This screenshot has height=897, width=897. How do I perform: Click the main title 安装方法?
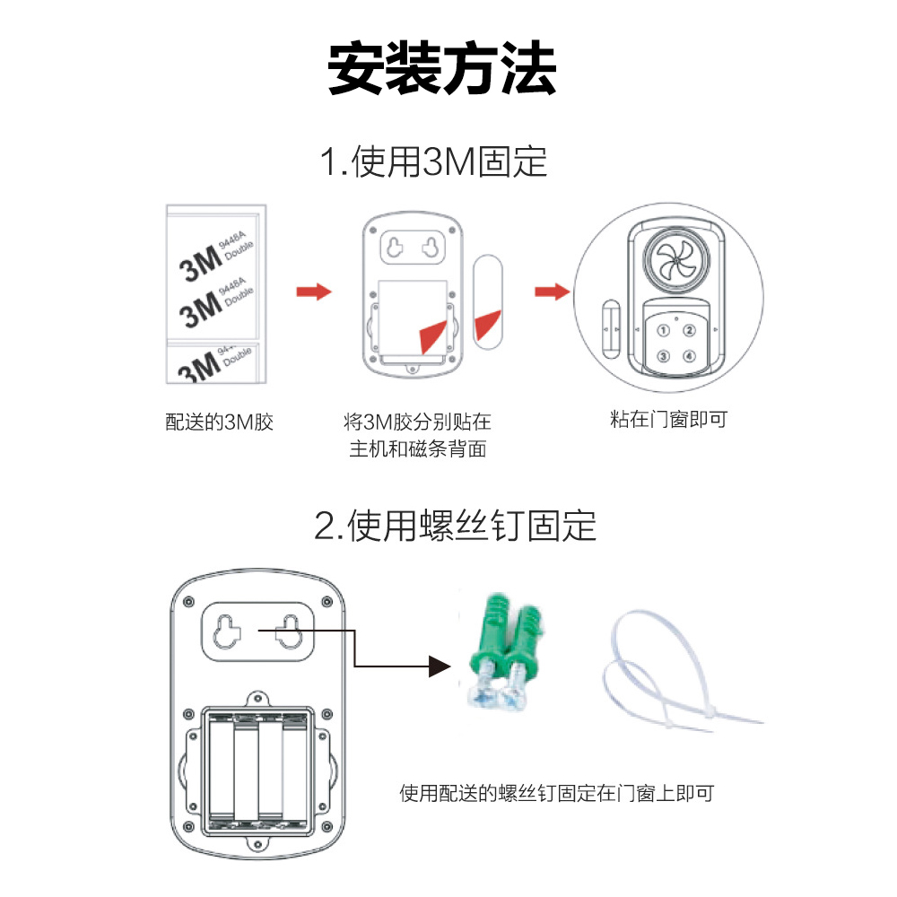(441, 68)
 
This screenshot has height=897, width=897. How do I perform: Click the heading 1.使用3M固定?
(433, 161)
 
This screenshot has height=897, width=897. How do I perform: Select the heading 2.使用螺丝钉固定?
(455, 526)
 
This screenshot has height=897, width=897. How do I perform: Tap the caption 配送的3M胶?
(219, 422)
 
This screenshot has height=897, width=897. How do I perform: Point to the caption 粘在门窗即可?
(669, 419)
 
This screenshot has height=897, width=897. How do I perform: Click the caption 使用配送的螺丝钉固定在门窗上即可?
(557, 794)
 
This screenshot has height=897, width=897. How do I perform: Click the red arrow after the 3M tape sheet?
(313, 292)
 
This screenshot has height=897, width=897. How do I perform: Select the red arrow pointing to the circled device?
(552, 292)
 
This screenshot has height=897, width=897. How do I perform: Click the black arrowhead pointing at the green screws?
(440, 666)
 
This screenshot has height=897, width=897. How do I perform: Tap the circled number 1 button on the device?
(663, 331)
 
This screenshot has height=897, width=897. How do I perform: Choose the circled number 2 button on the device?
(689, 331)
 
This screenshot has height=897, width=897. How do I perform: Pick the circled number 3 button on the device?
(663, 356)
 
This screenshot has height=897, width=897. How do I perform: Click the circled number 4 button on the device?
(689, 356)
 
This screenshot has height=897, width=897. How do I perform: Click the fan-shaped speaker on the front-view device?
(676, 260)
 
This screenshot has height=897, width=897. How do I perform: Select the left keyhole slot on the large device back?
(227, 631)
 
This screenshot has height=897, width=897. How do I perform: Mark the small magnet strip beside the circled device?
(611, 329)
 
